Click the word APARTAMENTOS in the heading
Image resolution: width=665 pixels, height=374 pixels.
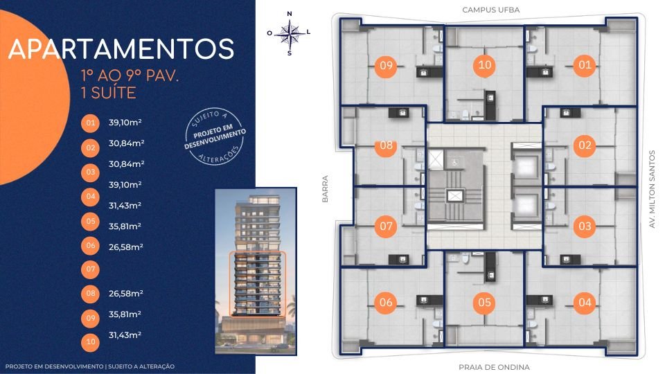(121, 48)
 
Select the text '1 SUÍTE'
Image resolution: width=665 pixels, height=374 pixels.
(109, 92)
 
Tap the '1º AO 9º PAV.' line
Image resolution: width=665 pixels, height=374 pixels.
(130, 75)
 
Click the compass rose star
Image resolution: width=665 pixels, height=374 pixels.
(290, 33)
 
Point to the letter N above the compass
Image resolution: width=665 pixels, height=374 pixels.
(290, 14)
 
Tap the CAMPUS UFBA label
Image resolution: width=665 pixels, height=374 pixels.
(490, 10)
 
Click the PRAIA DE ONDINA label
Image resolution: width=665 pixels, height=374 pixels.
(494, 367)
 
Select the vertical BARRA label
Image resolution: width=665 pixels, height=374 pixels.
(326, 188)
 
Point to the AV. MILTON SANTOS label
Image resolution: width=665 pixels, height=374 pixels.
(653, 189)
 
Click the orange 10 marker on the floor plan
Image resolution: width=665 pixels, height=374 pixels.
(484, 65)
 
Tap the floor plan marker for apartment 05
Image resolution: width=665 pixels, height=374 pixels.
(484, 303)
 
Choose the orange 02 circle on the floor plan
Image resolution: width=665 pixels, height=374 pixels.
(585, 145)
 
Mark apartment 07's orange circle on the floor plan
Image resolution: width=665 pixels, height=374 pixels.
(386, 226)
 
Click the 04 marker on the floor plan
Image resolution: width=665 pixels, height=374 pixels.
(585, 303)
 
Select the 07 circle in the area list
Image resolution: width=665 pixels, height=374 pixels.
(90, 269)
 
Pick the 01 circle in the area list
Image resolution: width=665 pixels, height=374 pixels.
(90, 123)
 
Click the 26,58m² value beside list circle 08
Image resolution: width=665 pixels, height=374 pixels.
(125, 293)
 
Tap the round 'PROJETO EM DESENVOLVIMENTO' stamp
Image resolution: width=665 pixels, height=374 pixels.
(215, 136)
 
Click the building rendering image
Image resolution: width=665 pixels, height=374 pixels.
(256, 271)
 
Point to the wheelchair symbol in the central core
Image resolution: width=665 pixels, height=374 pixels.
(454, 161)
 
